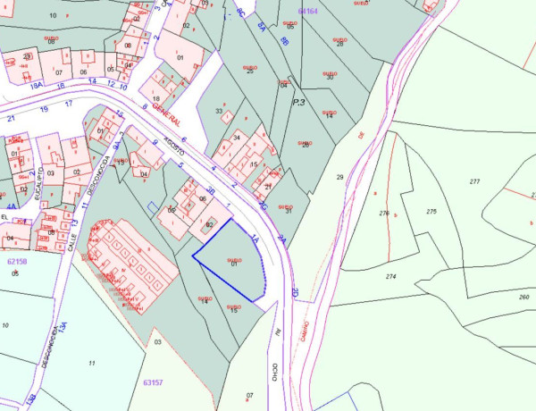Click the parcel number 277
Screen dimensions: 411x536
[474, 181]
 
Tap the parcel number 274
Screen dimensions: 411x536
[391, 277]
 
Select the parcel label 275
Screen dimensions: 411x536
[431, 212]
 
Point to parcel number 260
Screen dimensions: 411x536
[523, 297]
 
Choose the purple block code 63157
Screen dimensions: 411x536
[153, 382]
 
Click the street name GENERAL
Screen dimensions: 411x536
[167, 114]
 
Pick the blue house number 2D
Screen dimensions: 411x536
[295, 292]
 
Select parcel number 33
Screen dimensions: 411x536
[219, 111]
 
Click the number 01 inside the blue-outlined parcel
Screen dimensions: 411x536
[234, 264]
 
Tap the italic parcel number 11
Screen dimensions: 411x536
[92, 363]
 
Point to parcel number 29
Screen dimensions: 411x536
[339, 178]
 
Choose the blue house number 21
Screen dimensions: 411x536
[12, 118]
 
